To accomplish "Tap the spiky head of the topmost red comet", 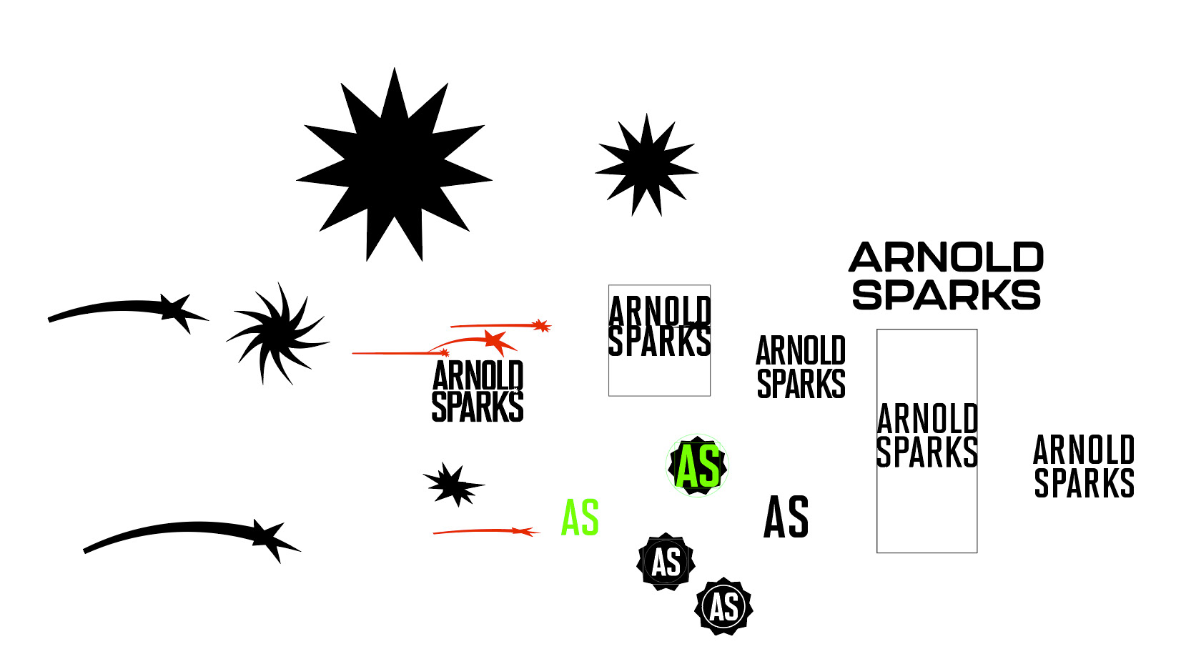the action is [x=542, y=326].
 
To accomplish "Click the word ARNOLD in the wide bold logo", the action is [x=946, y=257].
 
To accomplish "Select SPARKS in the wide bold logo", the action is [x=946, y=294].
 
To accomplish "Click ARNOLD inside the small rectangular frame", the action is [x=659, y=312].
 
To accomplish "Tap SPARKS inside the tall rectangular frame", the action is [x=926, y=452].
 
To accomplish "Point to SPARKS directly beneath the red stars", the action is [x=478, y=407].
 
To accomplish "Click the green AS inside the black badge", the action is [x=698, y=466].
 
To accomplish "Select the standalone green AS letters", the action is [x=580, y=517].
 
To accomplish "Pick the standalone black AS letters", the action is [x=786, y=517].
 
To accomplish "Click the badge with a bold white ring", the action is [x=723, y=607].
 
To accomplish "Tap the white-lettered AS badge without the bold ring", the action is [x=666, y=562].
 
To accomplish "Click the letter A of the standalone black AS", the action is [x=775, y=517].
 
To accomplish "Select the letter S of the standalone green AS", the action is [x=590, y=517].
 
